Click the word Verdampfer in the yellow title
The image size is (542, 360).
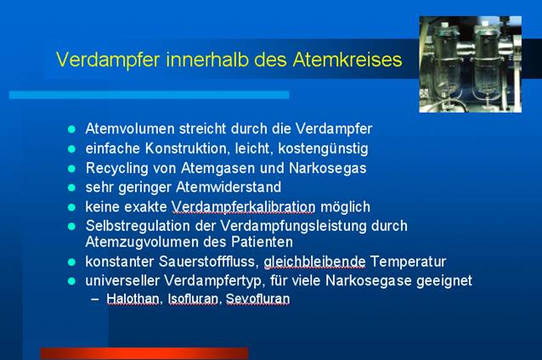point(108,60)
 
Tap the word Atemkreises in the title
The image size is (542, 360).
point(347,59)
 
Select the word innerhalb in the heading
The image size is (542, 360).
point(207,59)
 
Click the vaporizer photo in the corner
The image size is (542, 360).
point(470,64)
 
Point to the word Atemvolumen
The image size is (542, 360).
point(130,128)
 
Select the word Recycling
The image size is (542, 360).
point(117,169)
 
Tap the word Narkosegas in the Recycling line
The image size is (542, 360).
point(327,168)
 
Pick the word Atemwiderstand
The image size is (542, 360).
point(229,188)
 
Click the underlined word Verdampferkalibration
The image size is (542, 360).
point(243,207)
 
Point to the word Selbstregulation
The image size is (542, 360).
point(138,227)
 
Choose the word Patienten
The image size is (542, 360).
point(262,242)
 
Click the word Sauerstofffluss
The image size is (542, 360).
point(206,262)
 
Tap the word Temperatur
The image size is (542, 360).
point(408,262)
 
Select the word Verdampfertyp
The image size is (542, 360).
point(213,280)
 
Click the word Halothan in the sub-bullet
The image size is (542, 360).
point(133,299)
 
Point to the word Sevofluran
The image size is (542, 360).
point(258,299)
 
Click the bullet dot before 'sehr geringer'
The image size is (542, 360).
point(72,188)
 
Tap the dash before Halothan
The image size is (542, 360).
point(95,299)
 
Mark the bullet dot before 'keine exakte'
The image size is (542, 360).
point(72,207)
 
